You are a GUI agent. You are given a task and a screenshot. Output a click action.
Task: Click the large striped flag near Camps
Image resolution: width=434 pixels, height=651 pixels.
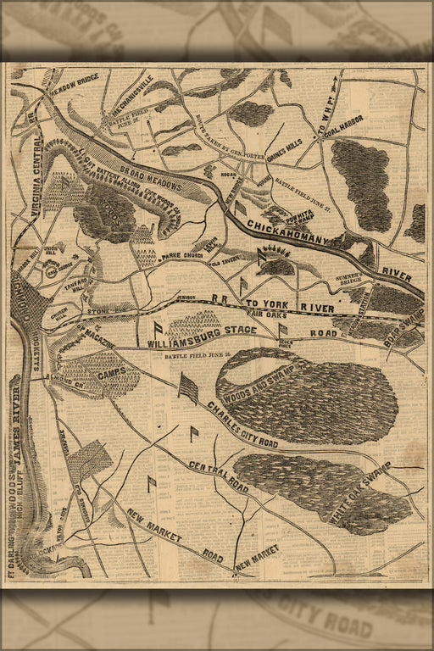tap(188, 388)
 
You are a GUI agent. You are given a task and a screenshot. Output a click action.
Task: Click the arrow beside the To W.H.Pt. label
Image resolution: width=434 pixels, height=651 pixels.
tap(337, 83)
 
